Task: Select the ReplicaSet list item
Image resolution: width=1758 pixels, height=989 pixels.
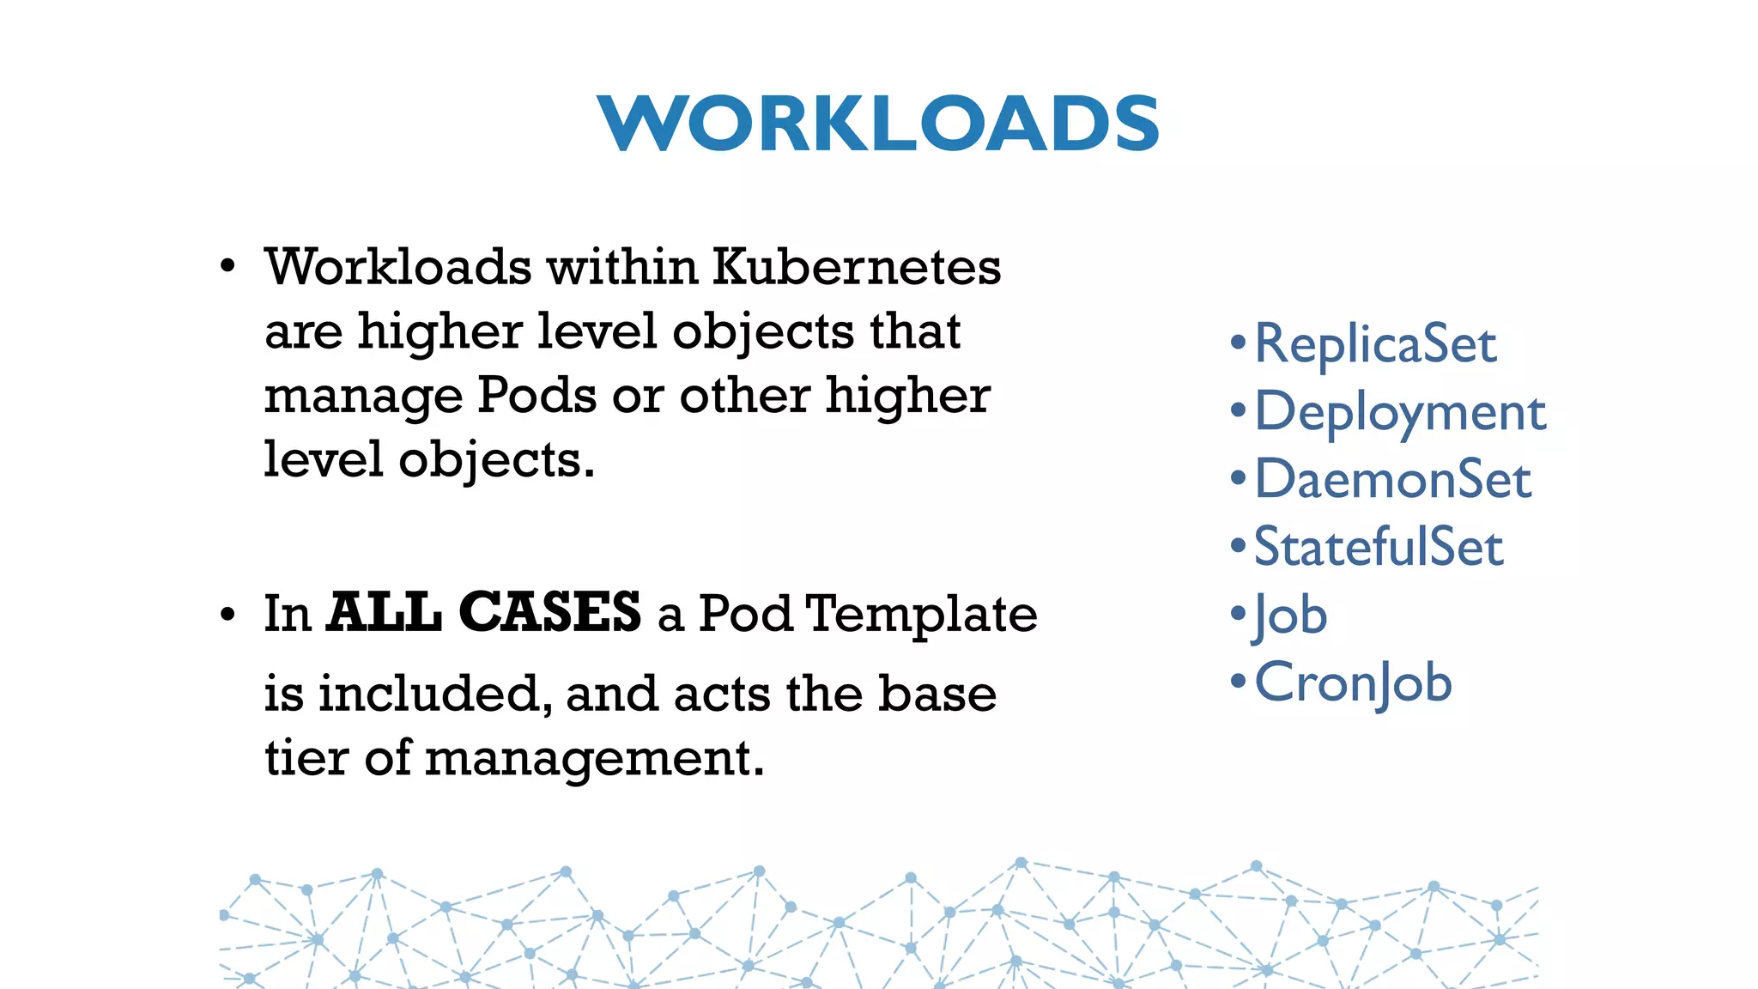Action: coord(1375,344)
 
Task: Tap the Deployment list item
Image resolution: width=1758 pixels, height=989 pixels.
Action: coord(1400,412)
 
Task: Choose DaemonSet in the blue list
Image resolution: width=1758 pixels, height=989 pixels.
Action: coord(1392,479)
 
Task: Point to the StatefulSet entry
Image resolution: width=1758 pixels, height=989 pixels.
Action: coord(1379,547)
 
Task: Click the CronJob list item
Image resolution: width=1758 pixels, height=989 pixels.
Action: coord(1353,683)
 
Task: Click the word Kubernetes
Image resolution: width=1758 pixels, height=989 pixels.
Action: coord(857,267)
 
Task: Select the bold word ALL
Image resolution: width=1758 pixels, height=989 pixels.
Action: coord(385,613)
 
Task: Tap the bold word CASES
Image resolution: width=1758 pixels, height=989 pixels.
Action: coord(549,613)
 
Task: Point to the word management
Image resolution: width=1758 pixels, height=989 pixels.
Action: coord(594,759)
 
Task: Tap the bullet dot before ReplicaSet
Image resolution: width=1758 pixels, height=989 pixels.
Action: coord(1238,343)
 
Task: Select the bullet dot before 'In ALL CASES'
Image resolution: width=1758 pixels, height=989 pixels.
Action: coord(227,616)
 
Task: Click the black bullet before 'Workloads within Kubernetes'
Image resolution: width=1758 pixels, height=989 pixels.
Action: coord(227,267)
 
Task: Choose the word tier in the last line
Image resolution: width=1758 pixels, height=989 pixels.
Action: coord(306,759)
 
